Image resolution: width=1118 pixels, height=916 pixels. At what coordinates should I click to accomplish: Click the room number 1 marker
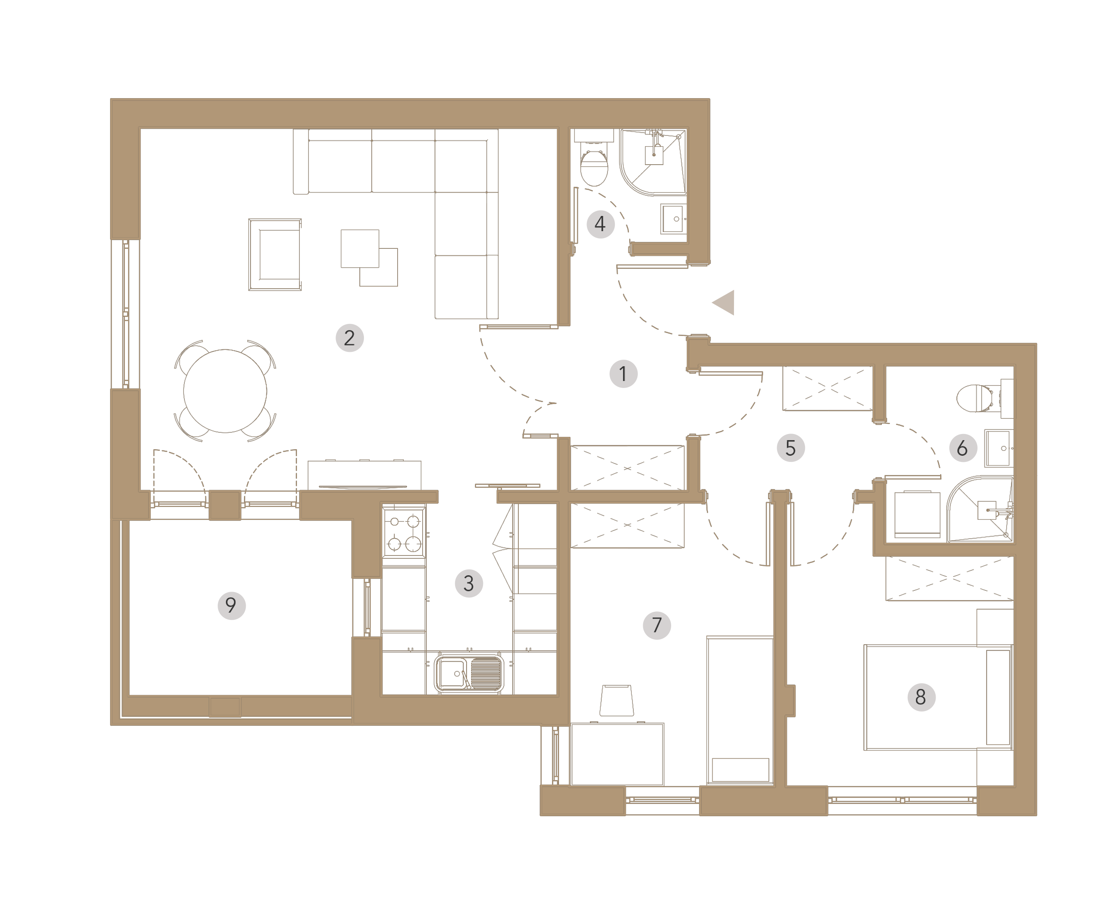[623, 374]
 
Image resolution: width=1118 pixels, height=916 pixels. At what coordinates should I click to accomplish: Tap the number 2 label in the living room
[350, 337]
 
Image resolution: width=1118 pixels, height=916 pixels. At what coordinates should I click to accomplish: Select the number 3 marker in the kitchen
[469, 583]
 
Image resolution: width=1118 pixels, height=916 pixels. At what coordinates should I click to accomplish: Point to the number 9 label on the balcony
[231, 605]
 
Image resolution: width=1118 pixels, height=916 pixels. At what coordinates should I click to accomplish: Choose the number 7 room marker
[657, 625]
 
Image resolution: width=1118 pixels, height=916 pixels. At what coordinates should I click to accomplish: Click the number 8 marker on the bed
[921, 697]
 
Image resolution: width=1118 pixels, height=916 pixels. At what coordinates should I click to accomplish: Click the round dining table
[225, 391]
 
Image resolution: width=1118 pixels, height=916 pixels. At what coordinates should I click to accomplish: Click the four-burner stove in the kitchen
[404, 532]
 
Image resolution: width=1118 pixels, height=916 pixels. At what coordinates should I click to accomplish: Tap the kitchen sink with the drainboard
[469, 673]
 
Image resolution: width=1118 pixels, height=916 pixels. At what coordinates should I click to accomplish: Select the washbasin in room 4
[674, 219]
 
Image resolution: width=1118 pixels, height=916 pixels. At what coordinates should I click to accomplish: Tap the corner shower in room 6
[980, 509]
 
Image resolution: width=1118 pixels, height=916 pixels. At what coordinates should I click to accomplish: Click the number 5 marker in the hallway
[791, 448]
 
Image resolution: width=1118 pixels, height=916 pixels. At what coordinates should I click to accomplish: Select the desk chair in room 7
[617, 700]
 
